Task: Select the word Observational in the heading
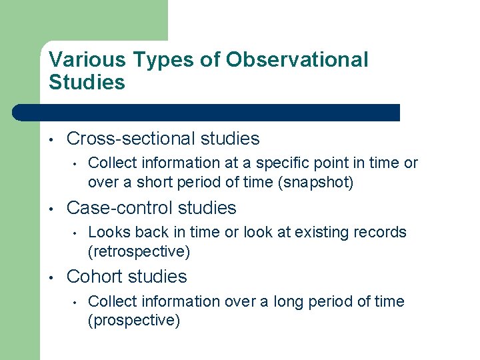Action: point(297,60)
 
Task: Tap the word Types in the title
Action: point(154,60)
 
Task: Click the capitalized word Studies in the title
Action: point(87,83)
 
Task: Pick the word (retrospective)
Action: point(139,251)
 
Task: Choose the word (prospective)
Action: point(134,321)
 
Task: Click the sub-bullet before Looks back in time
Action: point(77,233)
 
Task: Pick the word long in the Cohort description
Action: point(297,301)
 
